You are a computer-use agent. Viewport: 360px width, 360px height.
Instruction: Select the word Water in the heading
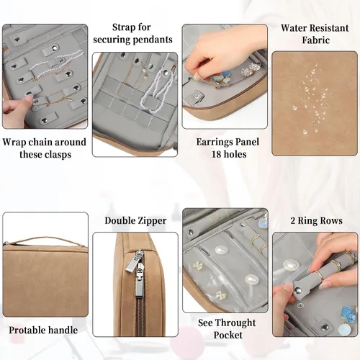coord(294,28)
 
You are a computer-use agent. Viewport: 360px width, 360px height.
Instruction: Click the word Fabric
coord(315,40)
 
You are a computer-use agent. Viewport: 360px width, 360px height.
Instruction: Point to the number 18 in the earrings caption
coord(216,154)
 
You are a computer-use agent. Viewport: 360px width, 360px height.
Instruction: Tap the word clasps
coord(59,154)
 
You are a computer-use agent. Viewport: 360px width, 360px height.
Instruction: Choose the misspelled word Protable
coord(25,330)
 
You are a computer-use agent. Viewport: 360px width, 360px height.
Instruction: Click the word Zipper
coord(151,221)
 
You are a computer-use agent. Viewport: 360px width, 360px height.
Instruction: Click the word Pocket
coord(228,335)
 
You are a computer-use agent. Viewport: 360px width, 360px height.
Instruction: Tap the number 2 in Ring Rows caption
coord(293,221)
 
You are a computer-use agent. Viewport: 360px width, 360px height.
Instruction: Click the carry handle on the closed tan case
coord(45,240)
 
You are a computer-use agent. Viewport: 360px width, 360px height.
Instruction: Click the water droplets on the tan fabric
coord(310,99)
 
